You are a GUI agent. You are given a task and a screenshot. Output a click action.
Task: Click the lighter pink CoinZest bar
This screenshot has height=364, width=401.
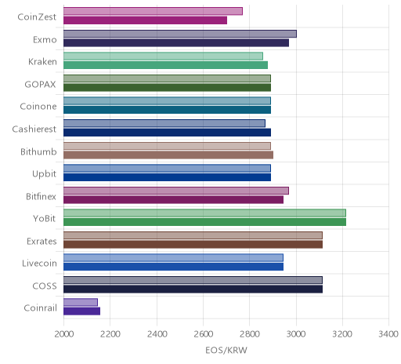pos(153,11)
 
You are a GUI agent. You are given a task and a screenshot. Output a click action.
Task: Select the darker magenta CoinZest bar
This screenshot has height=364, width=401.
pos(145,20)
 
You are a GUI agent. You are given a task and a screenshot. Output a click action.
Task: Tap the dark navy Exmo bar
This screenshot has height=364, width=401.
pos(176,42)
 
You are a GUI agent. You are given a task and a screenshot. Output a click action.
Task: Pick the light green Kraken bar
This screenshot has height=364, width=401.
pos(163,56)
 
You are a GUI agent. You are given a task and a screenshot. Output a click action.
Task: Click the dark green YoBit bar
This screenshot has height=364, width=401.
pos(204,222)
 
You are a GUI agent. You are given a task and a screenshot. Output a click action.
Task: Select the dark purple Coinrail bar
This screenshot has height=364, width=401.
pos(81,311)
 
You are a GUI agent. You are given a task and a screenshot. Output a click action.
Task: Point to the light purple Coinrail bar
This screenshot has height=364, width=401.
pos(81,302)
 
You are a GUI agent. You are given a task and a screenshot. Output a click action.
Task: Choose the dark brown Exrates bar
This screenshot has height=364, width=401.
pos(193,244)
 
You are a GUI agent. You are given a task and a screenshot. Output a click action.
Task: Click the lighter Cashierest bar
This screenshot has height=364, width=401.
pos(164,123)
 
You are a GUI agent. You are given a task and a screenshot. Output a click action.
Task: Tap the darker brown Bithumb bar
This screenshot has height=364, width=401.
pos(168,155)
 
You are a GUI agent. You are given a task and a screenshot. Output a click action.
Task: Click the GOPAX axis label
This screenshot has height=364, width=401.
pos(40,84)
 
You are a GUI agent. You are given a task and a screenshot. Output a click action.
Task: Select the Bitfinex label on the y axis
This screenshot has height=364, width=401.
pos(41,196)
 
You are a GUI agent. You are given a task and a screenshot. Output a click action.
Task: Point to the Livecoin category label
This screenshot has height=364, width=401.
pos(39,263)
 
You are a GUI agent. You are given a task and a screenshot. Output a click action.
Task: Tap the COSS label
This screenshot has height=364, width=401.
pos(45,286)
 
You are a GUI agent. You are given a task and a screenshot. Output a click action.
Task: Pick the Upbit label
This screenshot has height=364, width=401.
pos(44,174)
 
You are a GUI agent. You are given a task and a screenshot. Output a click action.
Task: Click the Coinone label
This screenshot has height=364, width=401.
pos(38,107)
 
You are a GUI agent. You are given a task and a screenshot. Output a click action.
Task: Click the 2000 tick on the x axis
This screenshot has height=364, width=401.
pos(64,334)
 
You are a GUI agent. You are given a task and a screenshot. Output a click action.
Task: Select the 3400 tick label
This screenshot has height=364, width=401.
pos(388,334)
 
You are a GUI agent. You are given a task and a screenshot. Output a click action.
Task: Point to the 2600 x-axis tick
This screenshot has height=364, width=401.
pos(203,334)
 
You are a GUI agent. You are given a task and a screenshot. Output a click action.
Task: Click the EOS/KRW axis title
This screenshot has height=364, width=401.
pos(226,350)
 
